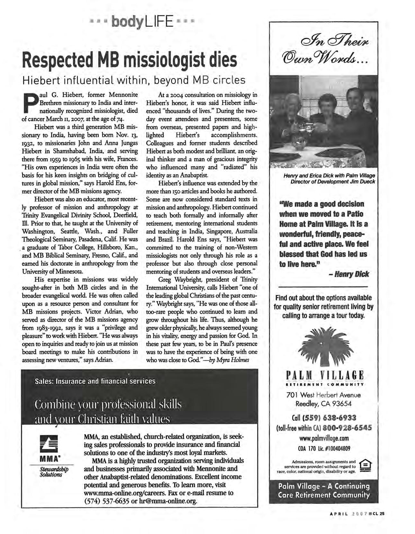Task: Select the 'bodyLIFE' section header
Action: coord(143,22)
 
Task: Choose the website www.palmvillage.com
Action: coord(324,438)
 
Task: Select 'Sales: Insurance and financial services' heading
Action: coord(95,381)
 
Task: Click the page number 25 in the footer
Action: coord(382,513)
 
